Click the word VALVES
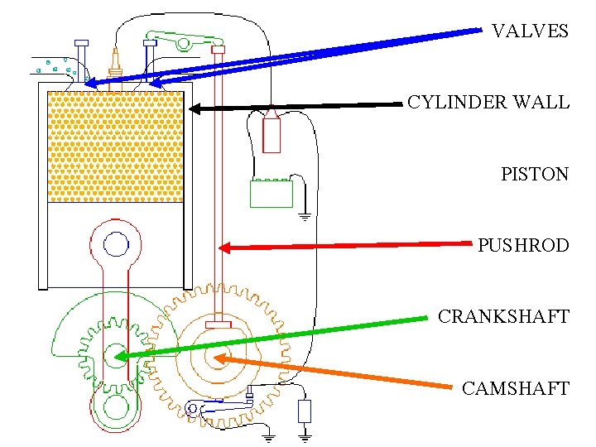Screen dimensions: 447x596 (x=530, y=31)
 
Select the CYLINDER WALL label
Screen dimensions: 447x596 (x=488, y=103)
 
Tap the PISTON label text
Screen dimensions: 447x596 (x=534, y=174)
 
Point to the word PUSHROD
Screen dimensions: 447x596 (x=522, y=246)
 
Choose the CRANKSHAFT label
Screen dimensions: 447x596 (x=502, y=317)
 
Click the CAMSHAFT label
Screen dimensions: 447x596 (x=515, y=388)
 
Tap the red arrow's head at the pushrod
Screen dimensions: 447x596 (x=222, y=247)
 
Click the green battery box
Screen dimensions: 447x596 (x=272, y=194)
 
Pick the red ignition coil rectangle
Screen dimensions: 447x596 (x=272, y=135)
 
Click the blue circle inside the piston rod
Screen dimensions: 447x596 (x=116, y=244)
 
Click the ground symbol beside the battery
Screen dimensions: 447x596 (x=304, y=217)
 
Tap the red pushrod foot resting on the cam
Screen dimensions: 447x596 (x=218, y=324)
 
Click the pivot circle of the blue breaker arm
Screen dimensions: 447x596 (x=194, y=407)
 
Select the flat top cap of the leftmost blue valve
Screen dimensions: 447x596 (x=81, y=42)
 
